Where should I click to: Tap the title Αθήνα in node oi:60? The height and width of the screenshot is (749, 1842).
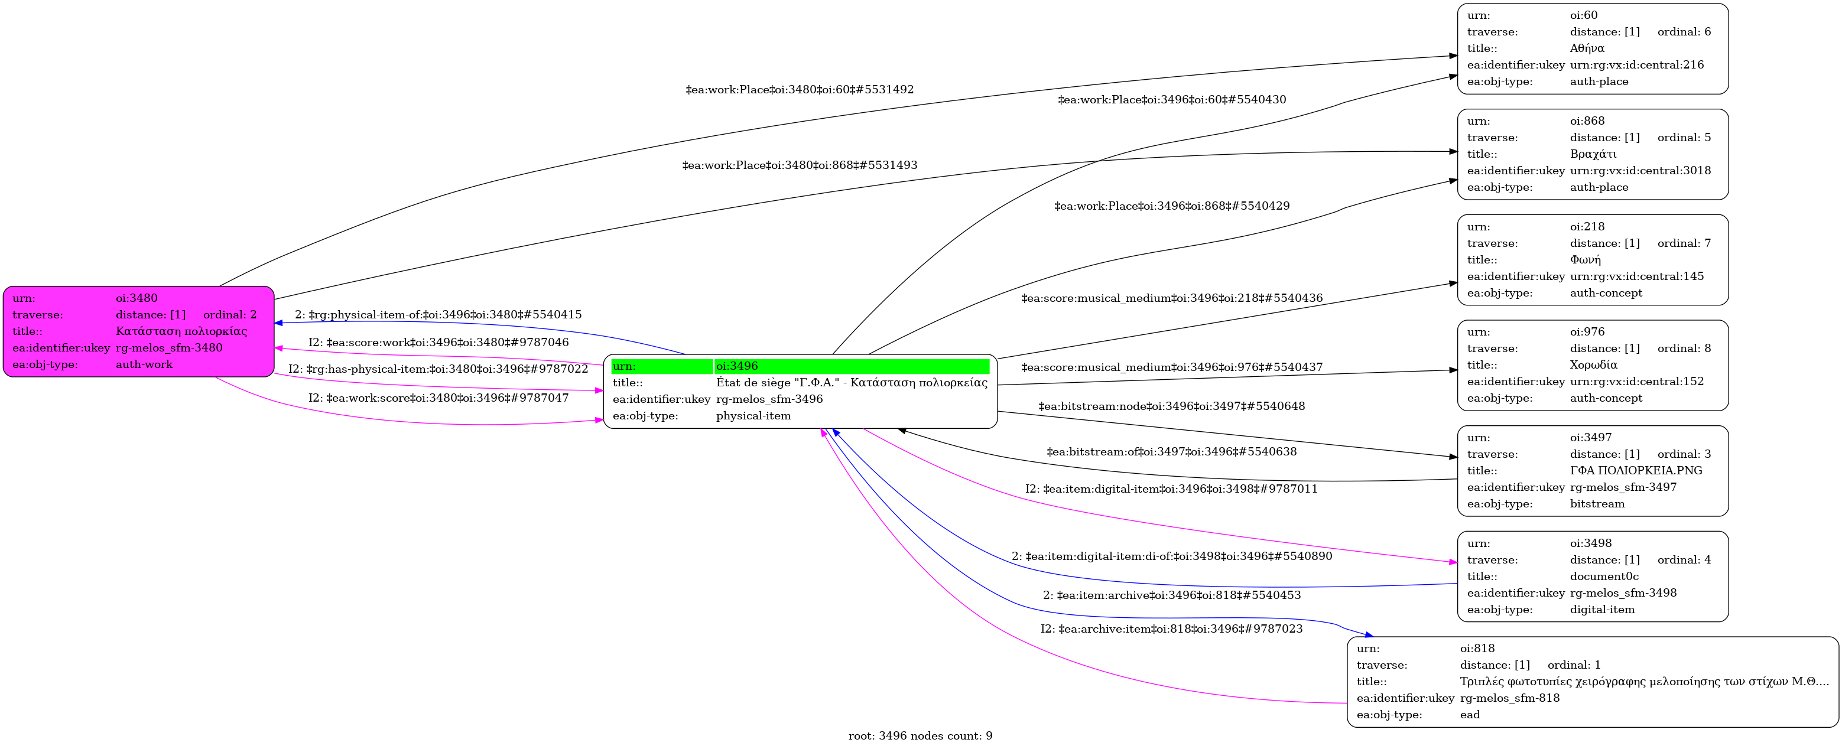point(1587,48)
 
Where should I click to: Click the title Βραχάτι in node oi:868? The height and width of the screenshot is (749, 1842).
point(1593,154)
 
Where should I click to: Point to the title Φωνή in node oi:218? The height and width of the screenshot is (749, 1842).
point(1584,260)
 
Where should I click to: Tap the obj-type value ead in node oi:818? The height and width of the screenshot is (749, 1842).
point(1470,715)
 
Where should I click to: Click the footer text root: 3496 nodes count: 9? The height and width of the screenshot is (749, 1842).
point(920,736)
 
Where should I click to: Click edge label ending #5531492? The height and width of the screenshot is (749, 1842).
point(800,90)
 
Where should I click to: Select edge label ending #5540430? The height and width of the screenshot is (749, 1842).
point(1171,100)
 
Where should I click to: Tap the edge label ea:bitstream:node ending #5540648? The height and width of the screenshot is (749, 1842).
point(1171,406)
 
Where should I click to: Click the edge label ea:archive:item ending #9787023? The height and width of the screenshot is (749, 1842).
point(1171,630)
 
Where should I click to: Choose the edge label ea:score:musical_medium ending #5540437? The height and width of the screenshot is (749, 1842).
point(1171,367)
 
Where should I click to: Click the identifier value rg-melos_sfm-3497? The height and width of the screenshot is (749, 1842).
point(1623,487)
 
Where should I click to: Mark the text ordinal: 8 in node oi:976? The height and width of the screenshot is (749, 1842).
point(1684,349)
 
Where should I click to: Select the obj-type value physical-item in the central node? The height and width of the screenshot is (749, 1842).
point(753,416)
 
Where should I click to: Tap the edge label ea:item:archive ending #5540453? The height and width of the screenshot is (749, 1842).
point(1171,595)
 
